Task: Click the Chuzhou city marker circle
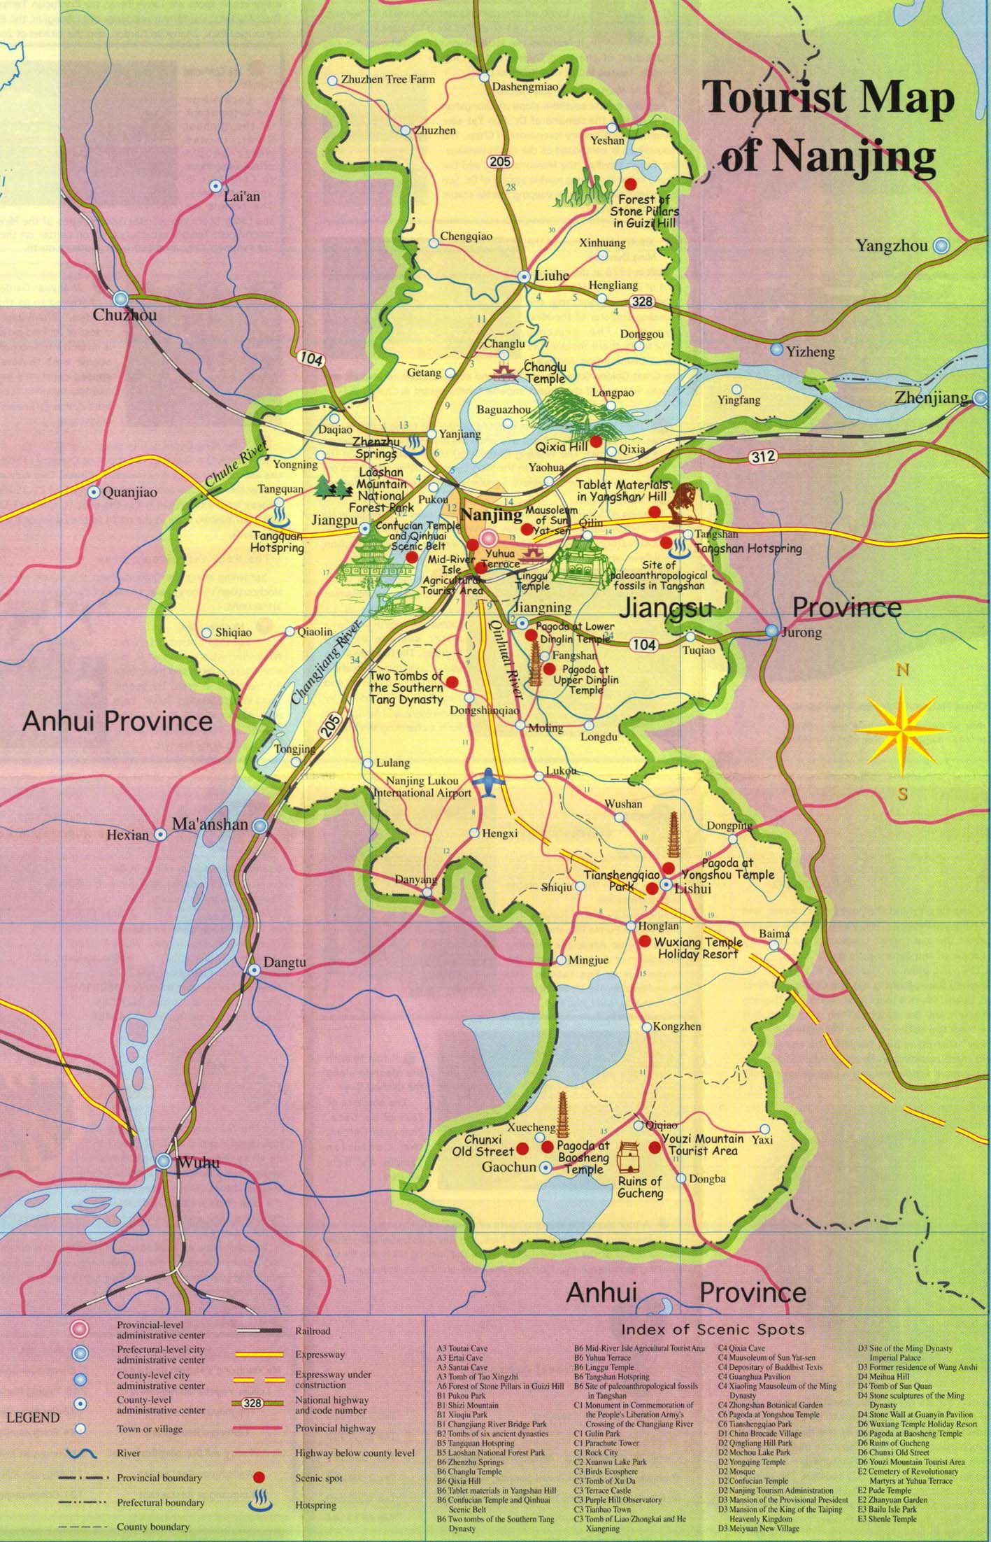point(121,297)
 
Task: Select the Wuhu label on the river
point(199,1163)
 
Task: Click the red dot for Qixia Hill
point(596,441)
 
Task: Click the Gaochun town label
point(508,1167)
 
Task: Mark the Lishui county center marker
point(666,887)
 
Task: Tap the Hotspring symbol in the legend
point(259,1504)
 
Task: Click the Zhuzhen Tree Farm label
point(387,79)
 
